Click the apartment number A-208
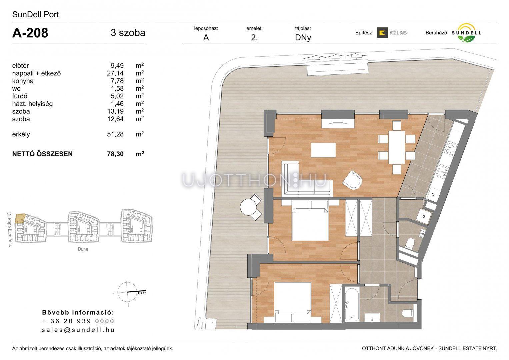tap(30, 33)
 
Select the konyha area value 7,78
tap(117, 81)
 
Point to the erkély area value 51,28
tap(115, 134)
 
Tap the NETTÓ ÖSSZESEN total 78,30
tap(115, 154)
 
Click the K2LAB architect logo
tap(392, 33)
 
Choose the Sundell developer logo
tap(466, 33)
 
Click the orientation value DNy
tap(303, 37)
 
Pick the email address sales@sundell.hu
tap(78, 330)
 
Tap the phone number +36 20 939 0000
tap(78, 321)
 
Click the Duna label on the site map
tap(83, 249)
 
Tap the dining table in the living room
tap(397, 147)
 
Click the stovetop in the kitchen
tap(451, 148)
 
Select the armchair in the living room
tap(352, 180)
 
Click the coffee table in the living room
tap(323, 150)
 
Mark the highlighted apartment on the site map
tap(20, 219)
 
